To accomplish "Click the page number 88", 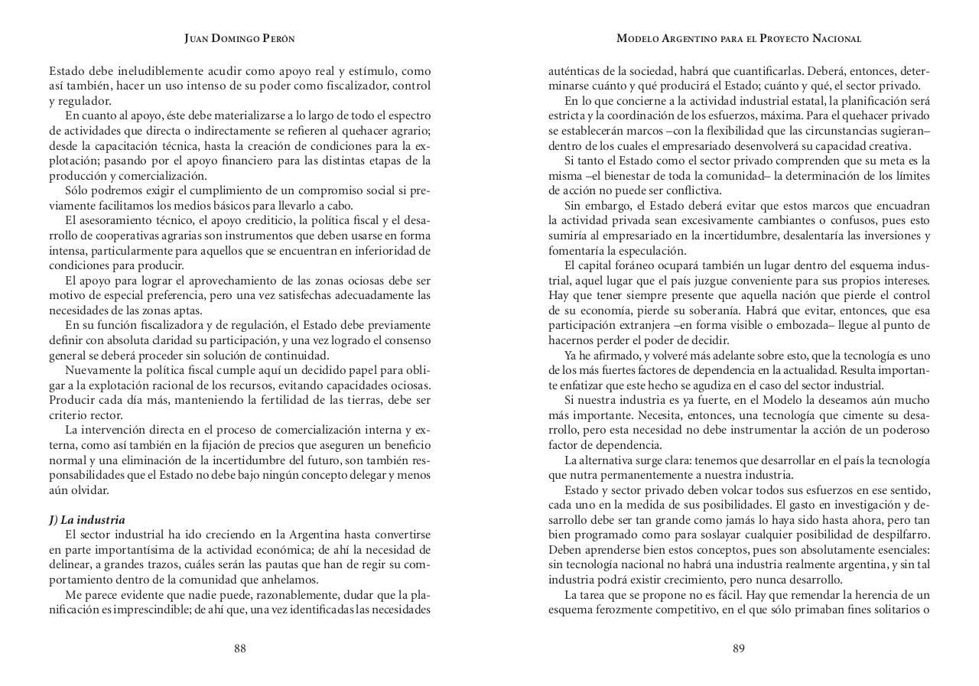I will pyautogui.click(x=239, y=649).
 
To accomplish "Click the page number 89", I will pyautogui.click(x=738, y=649).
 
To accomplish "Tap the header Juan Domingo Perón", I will pyautogui.click(x=239, y=38).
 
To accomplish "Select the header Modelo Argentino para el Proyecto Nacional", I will pyautogui.click(x=738, y=38).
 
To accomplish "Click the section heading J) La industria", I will pyautogui.click(x=86, y=520).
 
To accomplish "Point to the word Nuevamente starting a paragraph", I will pyautogui.click(x=96, y=370).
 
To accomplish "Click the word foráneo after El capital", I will pyautogui.click(x=639, y=265).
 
